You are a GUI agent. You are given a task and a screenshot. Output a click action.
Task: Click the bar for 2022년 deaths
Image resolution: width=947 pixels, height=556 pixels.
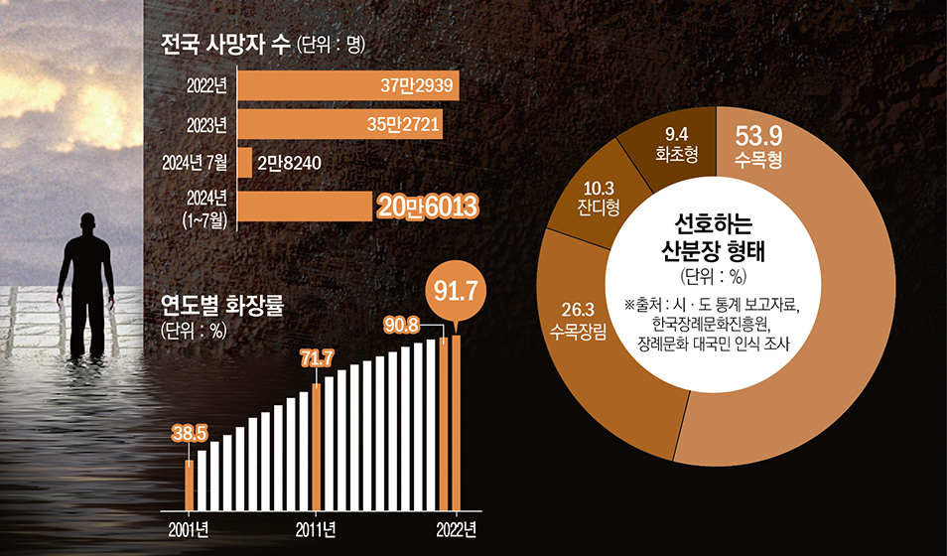347,86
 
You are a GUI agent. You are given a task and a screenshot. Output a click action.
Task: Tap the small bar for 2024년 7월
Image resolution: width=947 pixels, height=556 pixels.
244,162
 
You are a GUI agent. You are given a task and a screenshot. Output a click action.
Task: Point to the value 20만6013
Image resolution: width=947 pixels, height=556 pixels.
428,206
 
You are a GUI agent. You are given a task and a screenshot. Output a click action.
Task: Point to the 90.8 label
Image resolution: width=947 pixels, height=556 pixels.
404,325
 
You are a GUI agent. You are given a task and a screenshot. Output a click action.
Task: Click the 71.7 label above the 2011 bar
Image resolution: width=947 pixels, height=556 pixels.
317,355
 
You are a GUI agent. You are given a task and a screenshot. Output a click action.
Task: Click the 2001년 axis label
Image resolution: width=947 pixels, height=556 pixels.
188,527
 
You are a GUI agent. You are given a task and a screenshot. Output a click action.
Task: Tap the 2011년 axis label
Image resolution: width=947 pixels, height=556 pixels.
317,527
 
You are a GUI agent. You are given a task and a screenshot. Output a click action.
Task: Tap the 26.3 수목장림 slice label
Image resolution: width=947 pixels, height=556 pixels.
584,319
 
